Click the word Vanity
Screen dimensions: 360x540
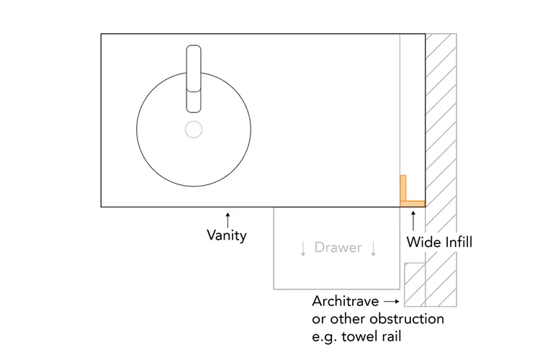[227, 235]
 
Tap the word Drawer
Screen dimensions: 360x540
[338, 248]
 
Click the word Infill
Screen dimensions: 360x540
[457, 242]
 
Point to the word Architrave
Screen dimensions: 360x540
[345, 301]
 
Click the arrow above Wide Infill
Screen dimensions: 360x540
[413, 220]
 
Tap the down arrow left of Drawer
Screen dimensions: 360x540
[303, 248]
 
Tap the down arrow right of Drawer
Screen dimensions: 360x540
[373, 248]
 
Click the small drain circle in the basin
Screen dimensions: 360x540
[194, 130]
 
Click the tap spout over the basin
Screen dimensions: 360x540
[194, 79]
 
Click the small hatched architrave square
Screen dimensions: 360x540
[415, 284]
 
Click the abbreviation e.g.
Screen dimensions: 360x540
[325, 336]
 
